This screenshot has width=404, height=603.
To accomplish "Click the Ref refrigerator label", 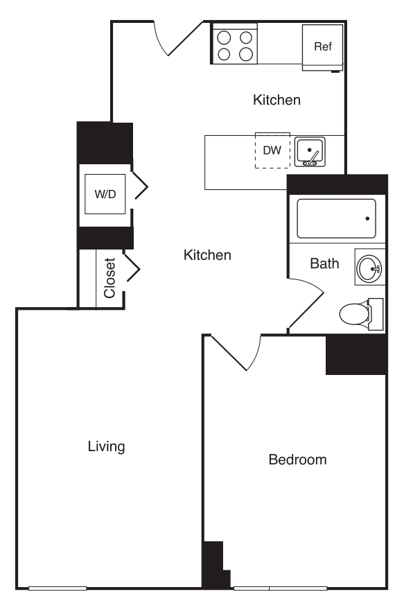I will [323, 47].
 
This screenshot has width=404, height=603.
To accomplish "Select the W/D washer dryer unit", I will [105, 194].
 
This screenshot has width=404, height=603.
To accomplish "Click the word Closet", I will [109, 278].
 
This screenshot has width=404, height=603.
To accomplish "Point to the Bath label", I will [324, 263].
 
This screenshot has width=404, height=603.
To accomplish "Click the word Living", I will [106, 446].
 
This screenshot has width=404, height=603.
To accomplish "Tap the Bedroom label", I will [297, 460].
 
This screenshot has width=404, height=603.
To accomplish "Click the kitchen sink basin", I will [310, 152].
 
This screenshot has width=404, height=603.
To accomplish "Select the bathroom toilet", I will [358, 314].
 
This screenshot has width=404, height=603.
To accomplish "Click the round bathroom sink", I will [369, 266].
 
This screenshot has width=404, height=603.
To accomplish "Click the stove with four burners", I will [234, 44].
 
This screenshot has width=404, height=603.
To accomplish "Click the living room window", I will [58, 588].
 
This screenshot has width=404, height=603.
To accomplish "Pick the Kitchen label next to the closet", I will [207, 256].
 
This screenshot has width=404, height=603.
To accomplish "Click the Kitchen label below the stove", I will [276, 101].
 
